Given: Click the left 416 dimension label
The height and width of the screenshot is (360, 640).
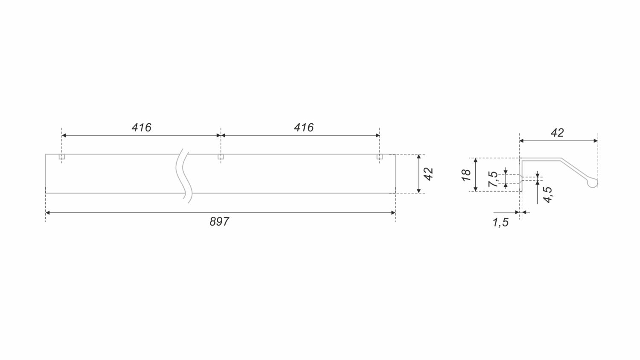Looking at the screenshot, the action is [141, 128].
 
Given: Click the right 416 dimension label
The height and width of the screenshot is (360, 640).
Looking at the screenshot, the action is [304, 128].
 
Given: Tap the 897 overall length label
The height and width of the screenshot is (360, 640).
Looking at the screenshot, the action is [219, 222].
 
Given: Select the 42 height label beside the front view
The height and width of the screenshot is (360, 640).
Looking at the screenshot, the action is [429, 174].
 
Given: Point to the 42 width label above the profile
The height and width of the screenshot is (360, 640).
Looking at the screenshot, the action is [557, 133].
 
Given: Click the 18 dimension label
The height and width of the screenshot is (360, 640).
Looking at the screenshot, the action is [466, 175].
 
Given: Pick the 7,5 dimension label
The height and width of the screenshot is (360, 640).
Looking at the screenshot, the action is [493, 179].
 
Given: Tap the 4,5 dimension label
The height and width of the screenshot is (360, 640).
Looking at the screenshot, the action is [548, 195].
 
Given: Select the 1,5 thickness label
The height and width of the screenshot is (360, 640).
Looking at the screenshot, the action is [500, 223].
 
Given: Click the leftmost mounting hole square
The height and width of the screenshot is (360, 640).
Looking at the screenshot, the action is [62, 157].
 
